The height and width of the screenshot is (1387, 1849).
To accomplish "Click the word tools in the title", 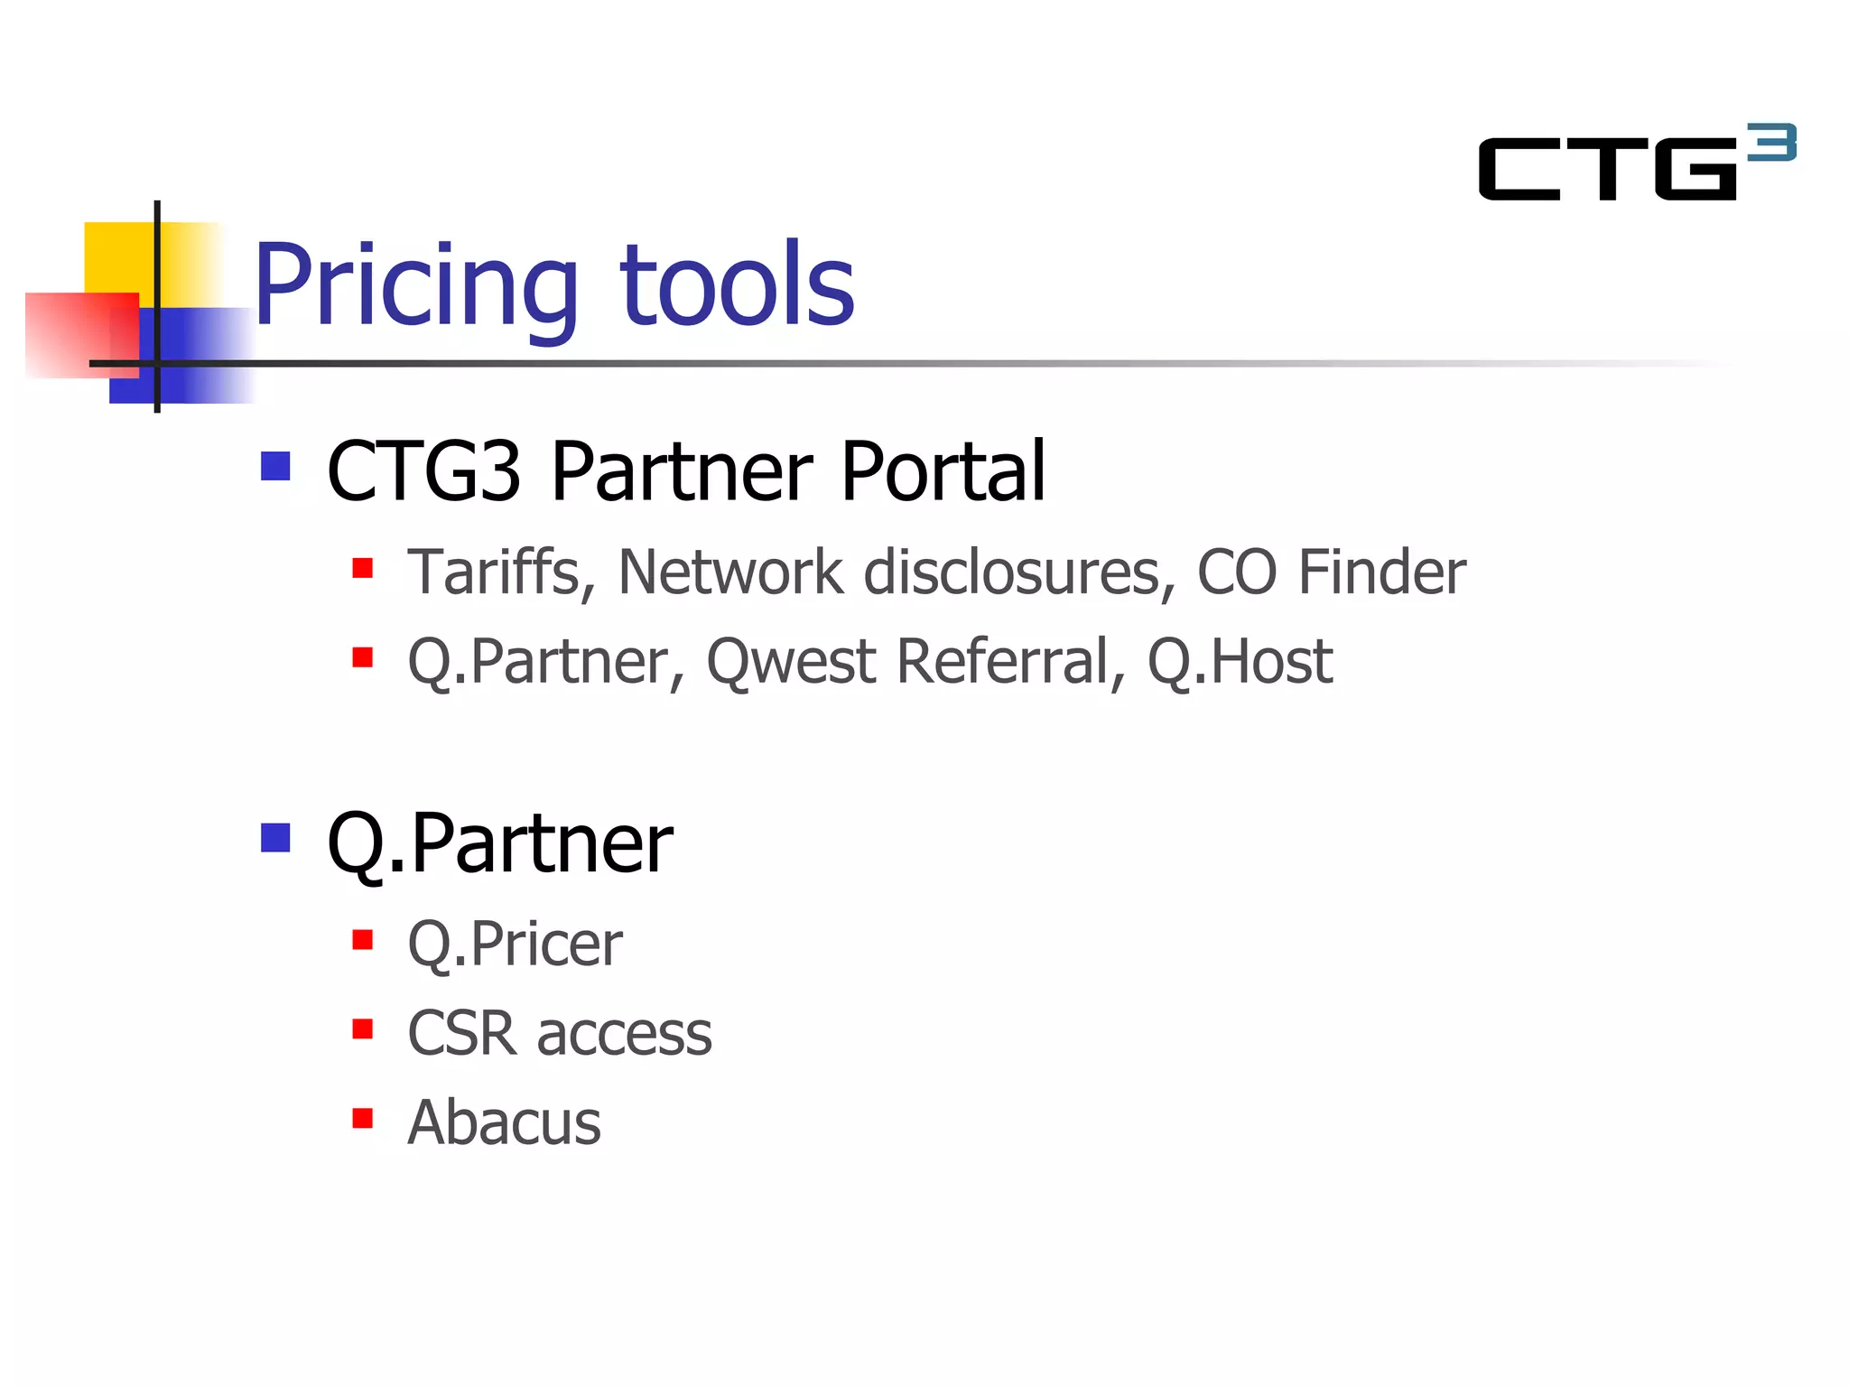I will pos(736,287).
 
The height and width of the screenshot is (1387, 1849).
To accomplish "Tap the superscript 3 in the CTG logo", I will pos(1771,143).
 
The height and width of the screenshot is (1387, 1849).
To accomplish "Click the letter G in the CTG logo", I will pos(1694,169).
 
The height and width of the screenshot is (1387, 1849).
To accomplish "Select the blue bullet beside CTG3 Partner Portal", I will pos(275,466).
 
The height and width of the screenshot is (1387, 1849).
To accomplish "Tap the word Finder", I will pos(1381,572).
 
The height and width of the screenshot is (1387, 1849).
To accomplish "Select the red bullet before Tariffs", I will pos(363,568).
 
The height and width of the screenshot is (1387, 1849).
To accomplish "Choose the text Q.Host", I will pos(1240,662).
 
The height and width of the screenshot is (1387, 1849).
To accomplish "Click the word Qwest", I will pos(791,662).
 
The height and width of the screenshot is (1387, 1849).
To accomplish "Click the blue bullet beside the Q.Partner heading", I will pos(275,838).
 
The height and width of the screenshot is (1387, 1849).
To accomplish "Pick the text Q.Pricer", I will pos(515,945).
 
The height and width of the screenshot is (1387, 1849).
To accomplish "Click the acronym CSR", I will pos(462,1033).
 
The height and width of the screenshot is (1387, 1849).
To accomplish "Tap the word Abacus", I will pos(504,1122).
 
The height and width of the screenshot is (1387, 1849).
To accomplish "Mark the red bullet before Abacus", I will pos(363,1119).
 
